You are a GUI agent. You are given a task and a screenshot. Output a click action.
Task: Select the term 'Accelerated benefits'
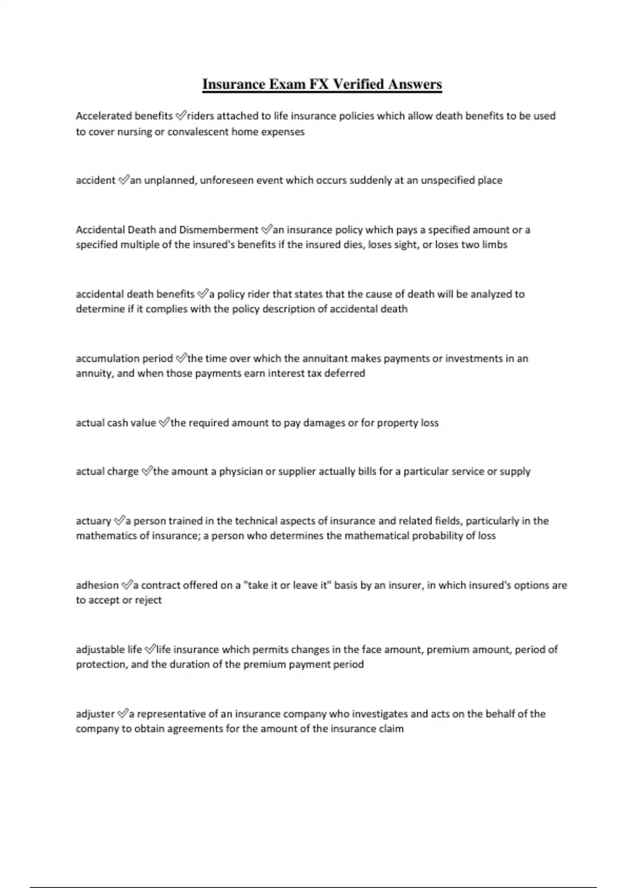124,116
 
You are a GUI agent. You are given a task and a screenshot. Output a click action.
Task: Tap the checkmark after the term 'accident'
123,180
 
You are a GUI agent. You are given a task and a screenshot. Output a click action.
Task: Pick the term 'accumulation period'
124,358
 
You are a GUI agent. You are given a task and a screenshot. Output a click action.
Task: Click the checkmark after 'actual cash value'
164,423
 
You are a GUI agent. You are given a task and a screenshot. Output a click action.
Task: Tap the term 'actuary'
94,521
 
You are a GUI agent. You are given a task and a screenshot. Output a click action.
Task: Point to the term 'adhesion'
97,585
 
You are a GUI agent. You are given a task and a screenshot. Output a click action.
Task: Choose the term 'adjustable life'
109,649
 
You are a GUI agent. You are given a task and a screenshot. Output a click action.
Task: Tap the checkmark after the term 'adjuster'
122,714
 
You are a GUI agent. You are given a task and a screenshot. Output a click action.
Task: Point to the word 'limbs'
494,244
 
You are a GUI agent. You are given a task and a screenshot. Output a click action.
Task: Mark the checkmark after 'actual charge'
147,471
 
